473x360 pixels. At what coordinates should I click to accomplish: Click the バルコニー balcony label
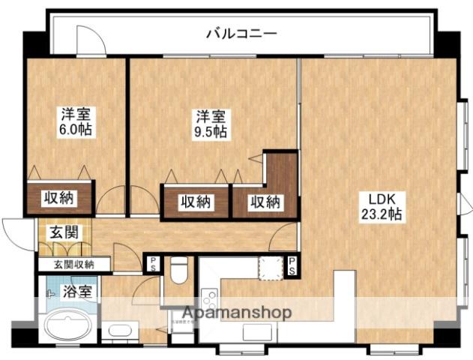tap(241, 34)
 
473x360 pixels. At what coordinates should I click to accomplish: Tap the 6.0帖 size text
tap(76, 130)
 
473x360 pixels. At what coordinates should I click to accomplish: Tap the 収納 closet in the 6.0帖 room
tap(61, 199)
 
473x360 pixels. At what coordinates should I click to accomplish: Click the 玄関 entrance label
tap(64, 232)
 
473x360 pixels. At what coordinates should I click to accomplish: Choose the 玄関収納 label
tap(73, 264)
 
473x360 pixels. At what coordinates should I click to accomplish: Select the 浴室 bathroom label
tap(78, 291)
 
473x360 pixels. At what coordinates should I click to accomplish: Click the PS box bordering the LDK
tap(291, 264)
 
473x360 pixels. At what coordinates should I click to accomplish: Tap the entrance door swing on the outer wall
tap(14, 229)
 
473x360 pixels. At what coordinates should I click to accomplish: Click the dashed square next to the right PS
tap(270, 266)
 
